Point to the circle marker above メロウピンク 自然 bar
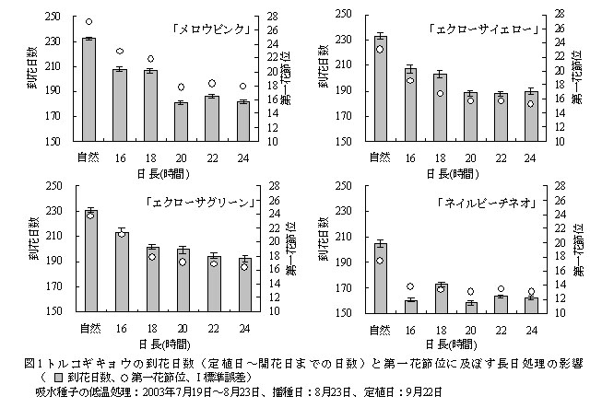pos(89,21)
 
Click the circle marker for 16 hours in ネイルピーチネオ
pos(410,286)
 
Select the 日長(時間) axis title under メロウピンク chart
pos(166,172)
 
